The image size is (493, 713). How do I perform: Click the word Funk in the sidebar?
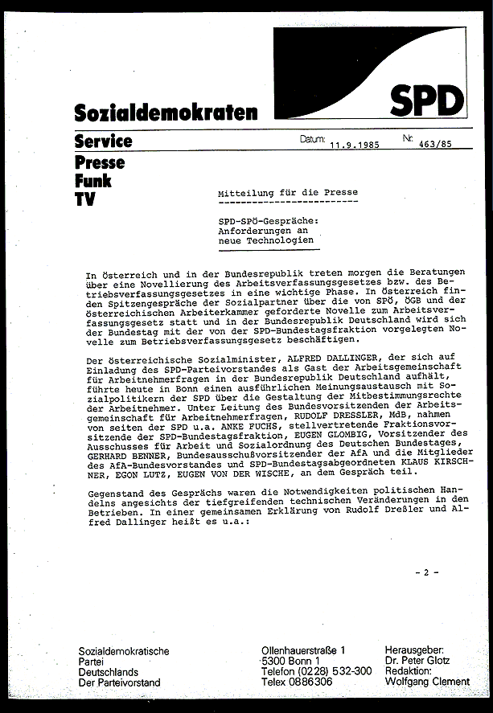(92, 181)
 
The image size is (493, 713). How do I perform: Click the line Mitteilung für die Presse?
(288, 193)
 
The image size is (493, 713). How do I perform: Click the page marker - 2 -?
(426, 572)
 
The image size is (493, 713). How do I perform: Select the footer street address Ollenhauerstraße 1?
(305, 649)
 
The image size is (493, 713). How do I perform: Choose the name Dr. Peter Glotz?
(417, 661)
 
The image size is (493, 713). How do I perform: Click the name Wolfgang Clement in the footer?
(427, 682)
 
